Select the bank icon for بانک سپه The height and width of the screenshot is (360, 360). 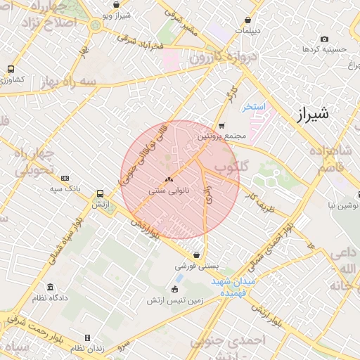pyautogui.click(x=65, y=178)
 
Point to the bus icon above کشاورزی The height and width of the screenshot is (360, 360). pyautogui.click(x=11, y=69)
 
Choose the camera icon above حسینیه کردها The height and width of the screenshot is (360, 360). pyautogui.click(x=323, y=39)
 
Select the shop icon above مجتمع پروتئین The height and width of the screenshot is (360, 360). pyautogui.click(x=221, y=125)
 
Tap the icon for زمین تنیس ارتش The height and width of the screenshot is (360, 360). pyautogui.click(x=174, y=289)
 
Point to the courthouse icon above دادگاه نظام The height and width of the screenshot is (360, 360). pyautogui.click(x=50, y=287)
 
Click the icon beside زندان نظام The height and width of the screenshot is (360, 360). pyautogui.click(x=87, y=337)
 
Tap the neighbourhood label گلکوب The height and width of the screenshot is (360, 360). pyautogui.click(x=231, y=169)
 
